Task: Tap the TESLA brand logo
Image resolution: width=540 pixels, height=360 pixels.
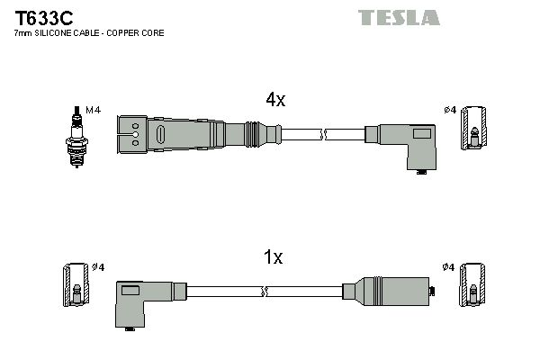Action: point(399,17)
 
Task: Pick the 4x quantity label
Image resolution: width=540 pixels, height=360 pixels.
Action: point(274,101)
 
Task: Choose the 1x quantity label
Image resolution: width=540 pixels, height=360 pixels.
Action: point(273,258)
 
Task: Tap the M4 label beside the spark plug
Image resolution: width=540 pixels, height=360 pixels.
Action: point(92,110)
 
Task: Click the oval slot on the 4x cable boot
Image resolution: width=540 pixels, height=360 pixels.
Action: point(161,135)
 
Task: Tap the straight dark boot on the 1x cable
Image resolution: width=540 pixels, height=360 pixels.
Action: point(391,291)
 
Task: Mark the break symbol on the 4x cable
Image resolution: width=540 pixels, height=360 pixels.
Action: point(326,134)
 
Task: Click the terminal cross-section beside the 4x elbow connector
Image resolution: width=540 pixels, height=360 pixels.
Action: point(474,127)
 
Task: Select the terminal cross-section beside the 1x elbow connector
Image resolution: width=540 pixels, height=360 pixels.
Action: point(76,285)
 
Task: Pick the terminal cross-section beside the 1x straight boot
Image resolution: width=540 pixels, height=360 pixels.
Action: point(473,285)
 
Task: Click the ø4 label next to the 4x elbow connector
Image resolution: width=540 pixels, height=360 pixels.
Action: point(449,111)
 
